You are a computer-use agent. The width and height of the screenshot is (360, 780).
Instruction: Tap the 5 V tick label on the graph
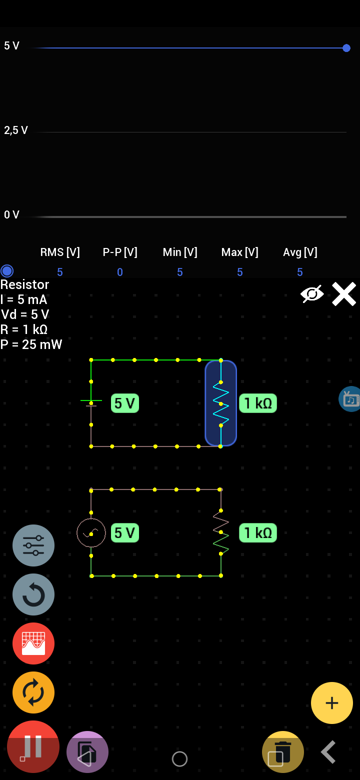click(x=11, y=46)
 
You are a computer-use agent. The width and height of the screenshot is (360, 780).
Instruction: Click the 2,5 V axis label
click(x=16, y=130)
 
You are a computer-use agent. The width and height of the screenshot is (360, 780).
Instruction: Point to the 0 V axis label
click(x=11, y=215)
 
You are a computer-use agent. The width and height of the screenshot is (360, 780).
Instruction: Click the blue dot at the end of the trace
click(x=346, y=48)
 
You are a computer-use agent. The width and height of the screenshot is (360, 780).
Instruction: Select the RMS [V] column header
click(x=60, y=252)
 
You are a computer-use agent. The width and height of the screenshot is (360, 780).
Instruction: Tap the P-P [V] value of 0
click(x=120, y=272)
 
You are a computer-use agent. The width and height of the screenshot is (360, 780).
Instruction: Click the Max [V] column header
click(x=240, y=252)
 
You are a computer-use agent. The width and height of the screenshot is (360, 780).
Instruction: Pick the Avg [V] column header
click(x=300, y=252)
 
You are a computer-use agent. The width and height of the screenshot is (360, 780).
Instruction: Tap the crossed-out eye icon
click(x=312, y=294)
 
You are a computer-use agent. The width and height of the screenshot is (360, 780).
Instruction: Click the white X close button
click(x=344, y=294)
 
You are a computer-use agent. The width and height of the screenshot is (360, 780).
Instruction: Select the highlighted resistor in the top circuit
click(x=220, y=403)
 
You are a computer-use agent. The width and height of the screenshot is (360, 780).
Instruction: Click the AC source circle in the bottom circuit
click(x=91, y=532)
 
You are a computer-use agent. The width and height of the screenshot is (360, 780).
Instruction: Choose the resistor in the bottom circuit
click(x=220, y=532)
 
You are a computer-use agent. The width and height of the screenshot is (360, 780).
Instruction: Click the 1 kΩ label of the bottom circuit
click(x=257, y=533)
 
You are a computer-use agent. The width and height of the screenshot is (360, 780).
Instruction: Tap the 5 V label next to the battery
click(x=124, y=403)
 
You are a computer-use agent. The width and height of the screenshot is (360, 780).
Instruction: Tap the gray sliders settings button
click(x=33, y=545)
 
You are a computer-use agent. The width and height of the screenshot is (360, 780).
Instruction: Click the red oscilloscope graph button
click(x=33, y=643)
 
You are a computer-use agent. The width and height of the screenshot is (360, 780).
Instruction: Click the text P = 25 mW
click(x=31, y=344)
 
